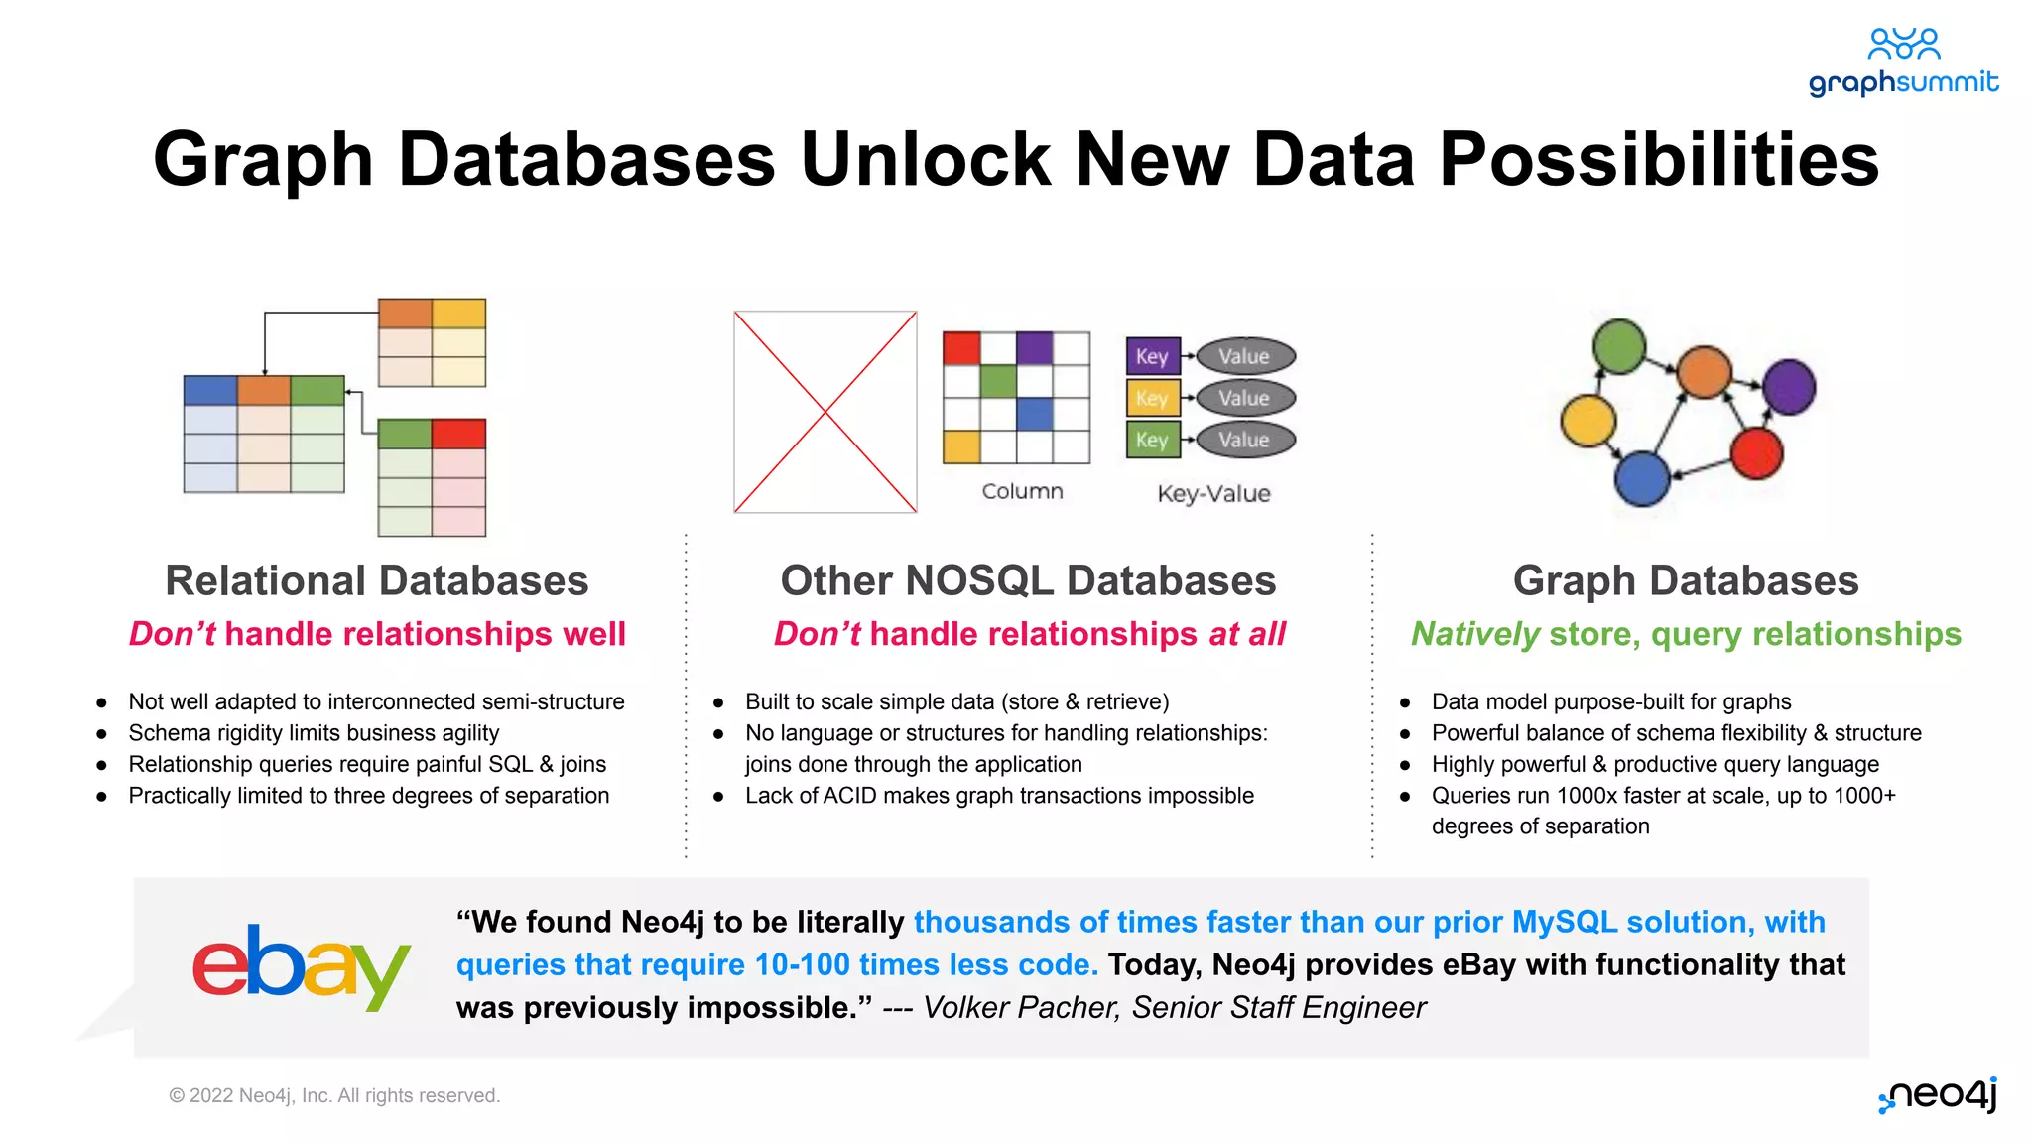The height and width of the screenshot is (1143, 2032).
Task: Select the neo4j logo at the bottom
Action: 1939,1094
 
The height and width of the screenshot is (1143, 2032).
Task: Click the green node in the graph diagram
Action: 1619,346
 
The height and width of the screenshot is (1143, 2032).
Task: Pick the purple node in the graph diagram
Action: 1790,387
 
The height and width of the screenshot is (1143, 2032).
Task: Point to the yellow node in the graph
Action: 1588,421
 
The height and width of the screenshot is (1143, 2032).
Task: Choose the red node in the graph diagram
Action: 1757,453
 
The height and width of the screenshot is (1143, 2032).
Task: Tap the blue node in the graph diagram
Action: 1642,478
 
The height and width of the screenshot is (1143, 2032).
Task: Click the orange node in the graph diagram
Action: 1705,372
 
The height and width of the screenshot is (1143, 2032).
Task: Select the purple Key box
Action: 1153,356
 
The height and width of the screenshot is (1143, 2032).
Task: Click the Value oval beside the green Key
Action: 1245,440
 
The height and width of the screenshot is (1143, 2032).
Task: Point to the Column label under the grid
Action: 1022,491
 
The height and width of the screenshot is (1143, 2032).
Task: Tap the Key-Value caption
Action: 1213,493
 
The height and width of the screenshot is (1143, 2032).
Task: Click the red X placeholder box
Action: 825,412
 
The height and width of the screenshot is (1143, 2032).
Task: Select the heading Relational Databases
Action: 377,580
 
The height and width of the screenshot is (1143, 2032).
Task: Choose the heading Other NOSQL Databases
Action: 1028,580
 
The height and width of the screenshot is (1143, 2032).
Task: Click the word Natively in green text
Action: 1475,634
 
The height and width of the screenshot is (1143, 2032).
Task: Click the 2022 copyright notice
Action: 334,1095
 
